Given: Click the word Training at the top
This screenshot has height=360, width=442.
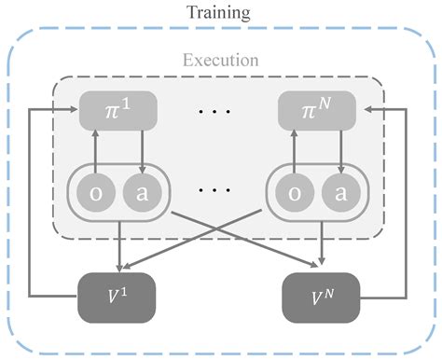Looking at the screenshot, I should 220,13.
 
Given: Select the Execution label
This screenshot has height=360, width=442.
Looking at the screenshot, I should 220,62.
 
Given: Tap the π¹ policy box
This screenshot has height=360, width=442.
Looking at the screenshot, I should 118,111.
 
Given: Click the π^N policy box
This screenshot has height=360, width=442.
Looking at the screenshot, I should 317,111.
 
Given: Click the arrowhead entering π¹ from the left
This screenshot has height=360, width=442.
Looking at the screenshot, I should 76,110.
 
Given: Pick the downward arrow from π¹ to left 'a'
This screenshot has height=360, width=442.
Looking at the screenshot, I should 140,149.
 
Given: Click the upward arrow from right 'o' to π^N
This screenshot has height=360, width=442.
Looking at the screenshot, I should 296,149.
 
